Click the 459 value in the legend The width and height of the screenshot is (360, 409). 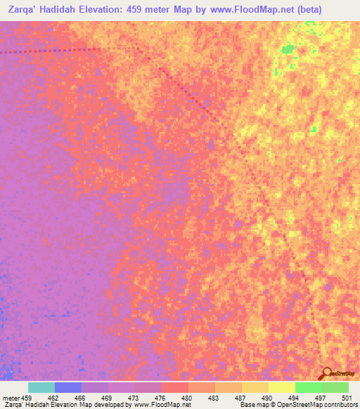(21, 398)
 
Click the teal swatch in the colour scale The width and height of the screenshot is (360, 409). (41, 387)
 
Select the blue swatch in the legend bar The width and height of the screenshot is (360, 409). (67, 387)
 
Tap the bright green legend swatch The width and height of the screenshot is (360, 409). (308, 387)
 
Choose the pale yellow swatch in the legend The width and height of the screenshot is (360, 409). (281, 387)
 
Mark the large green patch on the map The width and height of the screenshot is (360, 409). (287, 49)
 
